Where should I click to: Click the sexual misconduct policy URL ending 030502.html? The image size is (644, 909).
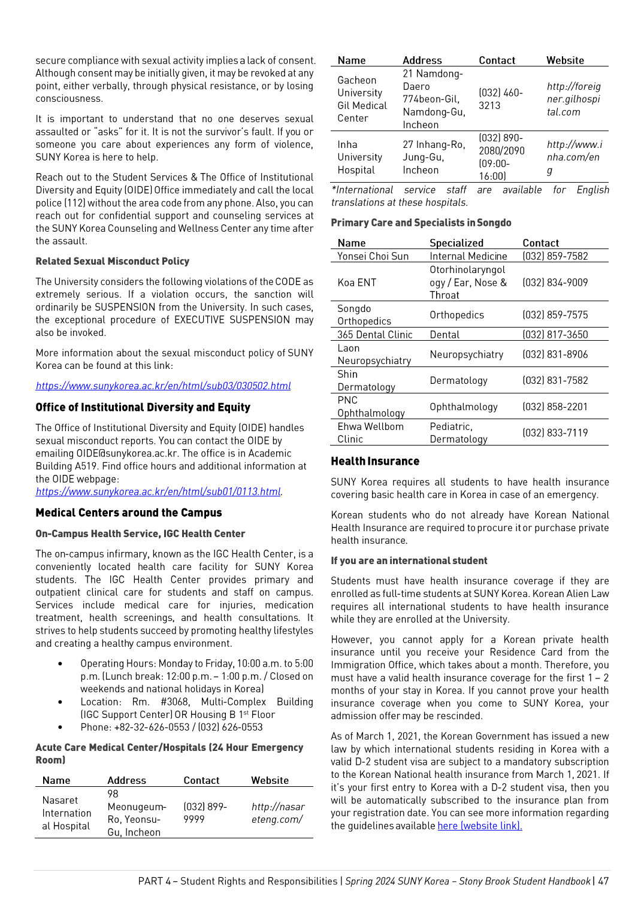pos(163,386)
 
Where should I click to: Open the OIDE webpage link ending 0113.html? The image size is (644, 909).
pos(158,492)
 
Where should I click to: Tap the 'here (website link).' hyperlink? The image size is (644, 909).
pos(479,826)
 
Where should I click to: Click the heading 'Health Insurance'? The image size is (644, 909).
pos(375,461)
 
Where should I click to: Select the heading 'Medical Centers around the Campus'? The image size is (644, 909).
pos(128,513)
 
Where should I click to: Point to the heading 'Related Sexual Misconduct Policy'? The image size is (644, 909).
pos(112,261)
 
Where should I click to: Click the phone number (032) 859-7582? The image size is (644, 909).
pos(555,256)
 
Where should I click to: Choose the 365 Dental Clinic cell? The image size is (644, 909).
pos(374,335)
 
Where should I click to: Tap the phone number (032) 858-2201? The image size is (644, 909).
pos(555,407)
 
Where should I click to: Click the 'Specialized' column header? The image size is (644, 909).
pos(456,243)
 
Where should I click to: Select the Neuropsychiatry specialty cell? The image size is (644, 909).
pos(466,354)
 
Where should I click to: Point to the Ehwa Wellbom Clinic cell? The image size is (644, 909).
pos(370,432)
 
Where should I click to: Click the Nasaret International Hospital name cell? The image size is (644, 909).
pos(66,813)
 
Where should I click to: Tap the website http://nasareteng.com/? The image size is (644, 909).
pos(277,813)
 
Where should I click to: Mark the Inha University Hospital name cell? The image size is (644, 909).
pos(359,157)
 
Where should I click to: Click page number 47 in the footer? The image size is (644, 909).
pos(603,881)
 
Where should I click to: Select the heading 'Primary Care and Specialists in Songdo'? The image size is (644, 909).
pos(421,223)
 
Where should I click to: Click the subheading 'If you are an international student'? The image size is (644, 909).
pos(409,560)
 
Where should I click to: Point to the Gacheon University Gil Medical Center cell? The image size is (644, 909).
pos(362,99)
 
